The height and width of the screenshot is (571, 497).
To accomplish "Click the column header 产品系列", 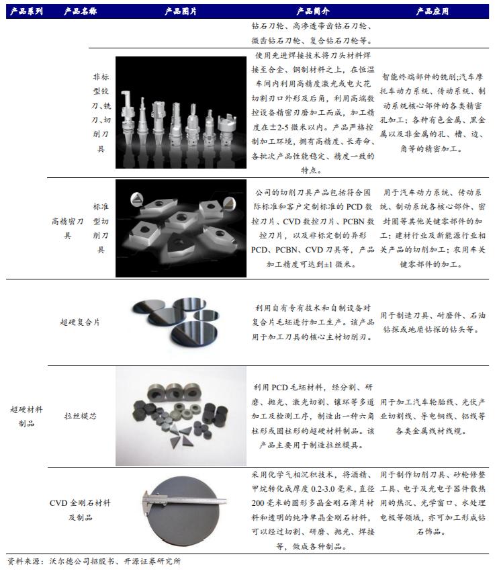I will click(x=25, y=11).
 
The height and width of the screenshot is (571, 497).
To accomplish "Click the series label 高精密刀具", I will click(x=67, y=229).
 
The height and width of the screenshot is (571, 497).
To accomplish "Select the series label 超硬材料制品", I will click(x=26, y=416).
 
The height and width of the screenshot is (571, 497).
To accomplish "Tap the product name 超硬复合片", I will click(x=80, y=322).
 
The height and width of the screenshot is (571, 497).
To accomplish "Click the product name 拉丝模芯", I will click(x=80, y=416).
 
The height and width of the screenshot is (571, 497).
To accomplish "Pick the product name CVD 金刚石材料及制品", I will click(x=80, y=509).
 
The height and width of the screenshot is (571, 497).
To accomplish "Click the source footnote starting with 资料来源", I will click(x=94, y=561).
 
